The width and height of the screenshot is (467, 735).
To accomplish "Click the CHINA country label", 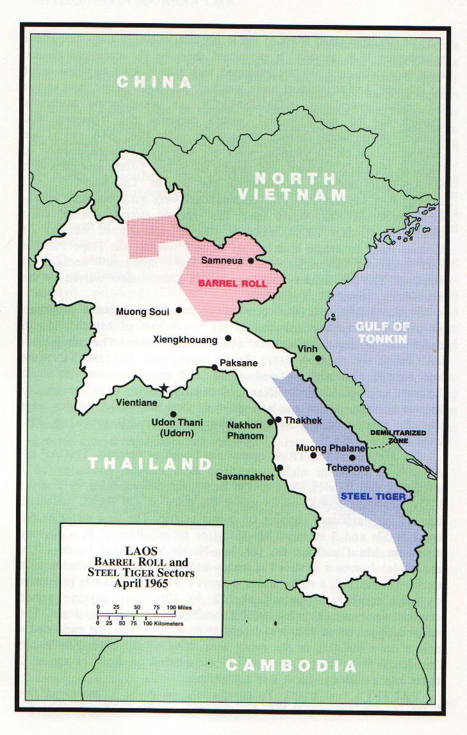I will click(x=154, y=82).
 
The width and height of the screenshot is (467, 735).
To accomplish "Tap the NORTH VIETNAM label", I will click(x=292, y=187).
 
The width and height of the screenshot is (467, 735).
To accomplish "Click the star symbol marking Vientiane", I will click(x=165, y=388).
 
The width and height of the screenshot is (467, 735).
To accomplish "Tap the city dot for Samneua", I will click(x=251, y=260).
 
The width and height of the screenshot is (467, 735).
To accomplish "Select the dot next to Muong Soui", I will click(x=179, y=310).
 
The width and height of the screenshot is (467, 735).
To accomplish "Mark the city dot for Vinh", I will click(x=318, y=358).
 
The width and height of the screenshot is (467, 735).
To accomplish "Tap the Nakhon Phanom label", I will click(x=245, y=430).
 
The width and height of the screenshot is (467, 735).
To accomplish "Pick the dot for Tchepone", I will click(x=352, y=457).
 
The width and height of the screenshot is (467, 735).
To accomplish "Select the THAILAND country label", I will click(x=149, y=464).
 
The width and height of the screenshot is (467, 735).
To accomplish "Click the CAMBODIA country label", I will click(x=291, y=665).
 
